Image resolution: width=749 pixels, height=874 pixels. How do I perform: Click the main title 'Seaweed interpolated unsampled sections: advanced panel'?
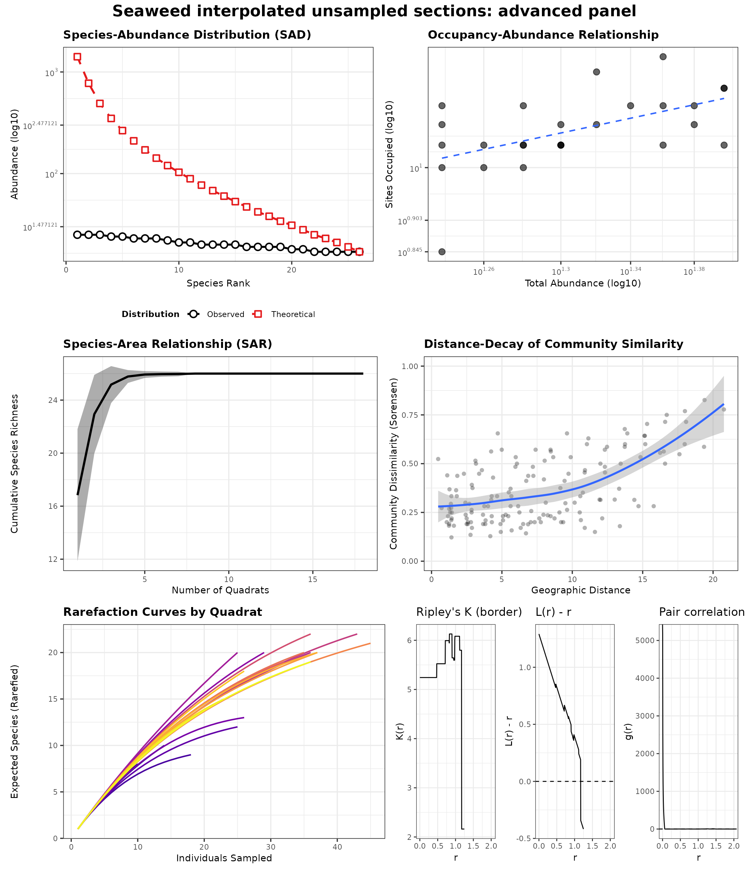tap(374, 11)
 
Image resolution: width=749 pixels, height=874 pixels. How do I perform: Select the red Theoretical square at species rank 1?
tap(77, 57)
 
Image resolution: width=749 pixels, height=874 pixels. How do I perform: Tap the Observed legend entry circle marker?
tap(193, 314)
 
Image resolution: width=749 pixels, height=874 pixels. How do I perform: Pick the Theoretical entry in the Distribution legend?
tap(293, 314)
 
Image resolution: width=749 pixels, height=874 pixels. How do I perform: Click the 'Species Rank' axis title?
tap(218, 284)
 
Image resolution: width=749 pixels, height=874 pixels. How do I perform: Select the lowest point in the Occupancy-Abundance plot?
tap(442, 252)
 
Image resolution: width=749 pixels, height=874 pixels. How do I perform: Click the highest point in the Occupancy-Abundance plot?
tap(663, 57)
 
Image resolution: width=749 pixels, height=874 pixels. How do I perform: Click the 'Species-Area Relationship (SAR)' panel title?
tap(167, 344)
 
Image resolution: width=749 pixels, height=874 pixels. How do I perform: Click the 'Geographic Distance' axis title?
tap(581, 590)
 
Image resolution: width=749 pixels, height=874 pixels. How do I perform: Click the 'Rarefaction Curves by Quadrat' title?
tap(162, 612)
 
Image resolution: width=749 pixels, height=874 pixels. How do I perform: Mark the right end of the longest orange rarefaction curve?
tap(370, 643)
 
